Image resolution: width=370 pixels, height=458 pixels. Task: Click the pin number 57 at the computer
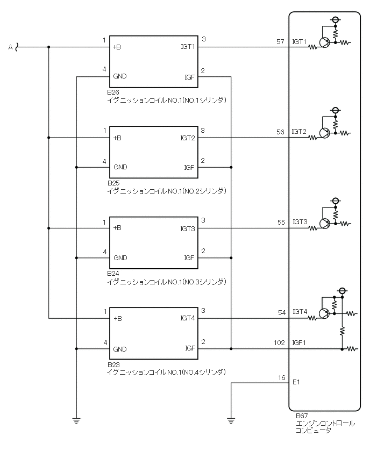281,41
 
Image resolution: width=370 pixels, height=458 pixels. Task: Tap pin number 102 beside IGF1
279,343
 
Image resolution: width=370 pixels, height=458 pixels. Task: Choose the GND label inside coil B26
120,76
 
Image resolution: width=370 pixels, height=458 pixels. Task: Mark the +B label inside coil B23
117,319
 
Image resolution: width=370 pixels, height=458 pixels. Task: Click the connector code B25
113,183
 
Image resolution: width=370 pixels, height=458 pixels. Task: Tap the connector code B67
302,416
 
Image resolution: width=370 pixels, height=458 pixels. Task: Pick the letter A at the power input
10,47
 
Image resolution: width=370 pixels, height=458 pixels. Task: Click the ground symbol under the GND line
76,421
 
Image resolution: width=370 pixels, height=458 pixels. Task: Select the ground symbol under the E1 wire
231,421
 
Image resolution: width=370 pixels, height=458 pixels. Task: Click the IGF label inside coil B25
189,167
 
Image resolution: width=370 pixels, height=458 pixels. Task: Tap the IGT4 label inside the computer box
299,312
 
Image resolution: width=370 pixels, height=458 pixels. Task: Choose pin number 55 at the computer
281,222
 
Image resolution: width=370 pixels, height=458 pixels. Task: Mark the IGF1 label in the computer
300,342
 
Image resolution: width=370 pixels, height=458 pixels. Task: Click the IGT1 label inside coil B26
188,47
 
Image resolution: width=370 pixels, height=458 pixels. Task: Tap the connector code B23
113,364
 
